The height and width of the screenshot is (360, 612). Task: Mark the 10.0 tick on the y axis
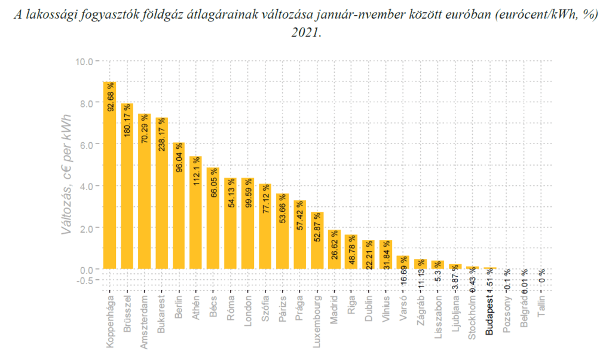[84, 61]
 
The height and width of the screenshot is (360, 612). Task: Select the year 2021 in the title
[305, 32]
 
